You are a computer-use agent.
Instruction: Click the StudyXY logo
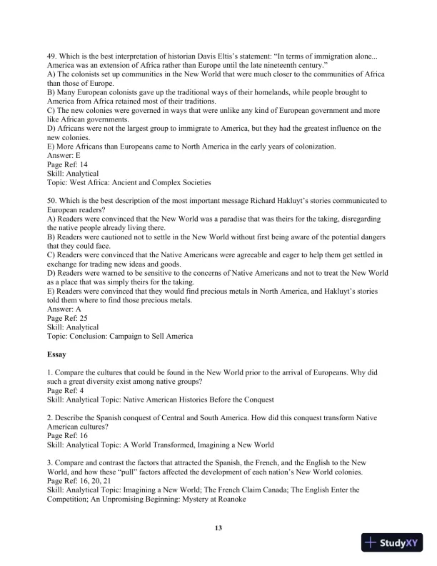click(x=393, y=542)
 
